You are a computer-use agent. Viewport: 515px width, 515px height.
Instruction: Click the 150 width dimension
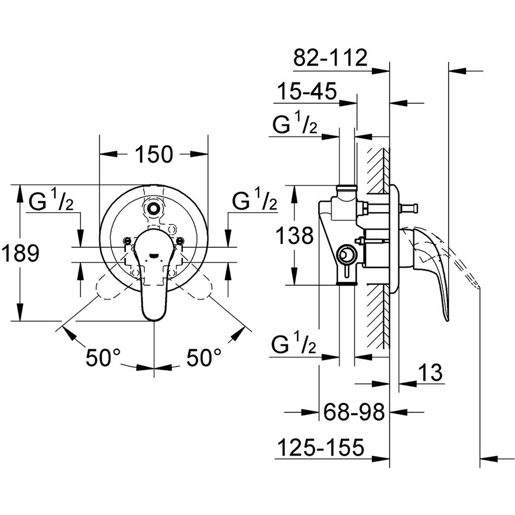click(x=153, y=154)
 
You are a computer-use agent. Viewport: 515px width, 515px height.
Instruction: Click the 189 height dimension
click(x=21, y=253)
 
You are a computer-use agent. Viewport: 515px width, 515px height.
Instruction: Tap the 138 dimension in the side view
click(x=295, y=235)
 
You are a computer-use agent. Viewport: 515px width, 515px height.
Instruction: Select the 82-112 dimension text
click(x=330, y=58)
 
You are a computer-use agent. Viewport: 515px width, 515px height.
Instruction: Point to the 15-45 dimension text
click(x=307, y=91)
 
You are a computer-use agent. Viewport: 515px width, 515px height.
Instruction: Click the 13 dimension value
click(x=431, y=372)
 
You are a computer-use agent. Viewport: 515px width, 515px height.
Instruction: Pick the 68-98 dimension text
click(x=354, y=411)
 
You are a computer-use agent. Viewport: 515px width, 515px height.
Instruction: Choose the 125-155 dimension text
click(x=321, y=447)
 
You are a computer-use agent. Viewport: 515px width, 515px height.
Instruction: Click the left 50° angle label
click(x=103, y=357)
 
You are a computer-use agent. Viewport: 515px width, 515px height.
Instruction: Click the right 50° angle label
click(x=204, y=357)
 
